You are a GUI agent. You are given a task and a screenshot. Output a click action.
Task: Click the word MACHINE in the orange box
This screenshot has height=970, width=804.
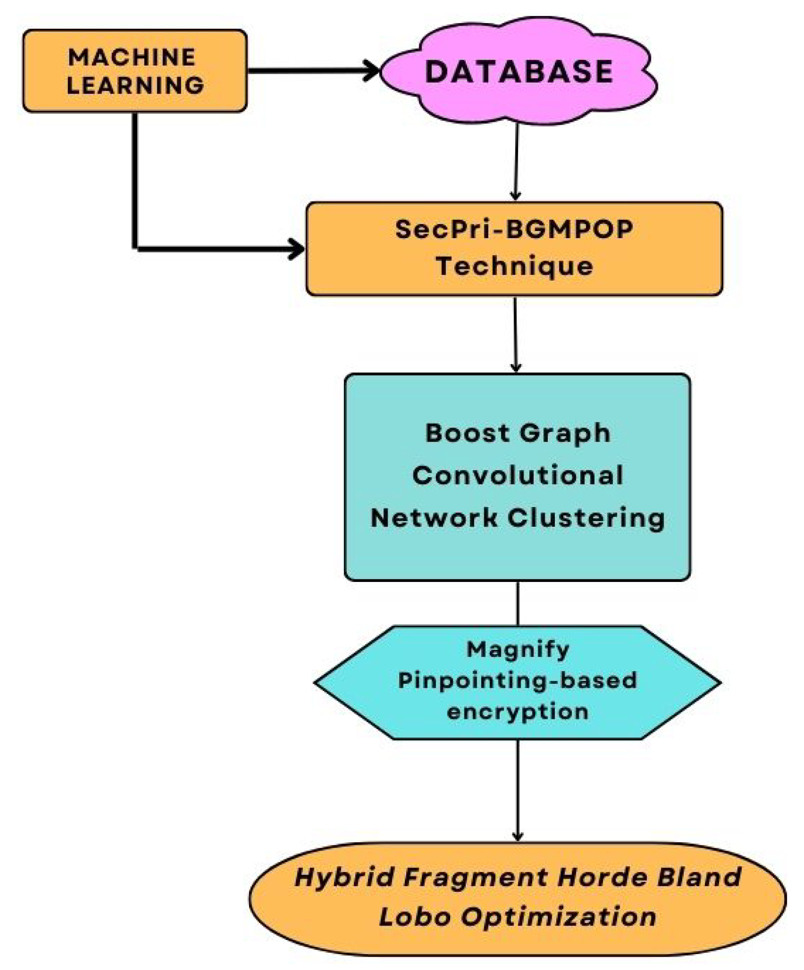pyautogui.click(x=132, y=58)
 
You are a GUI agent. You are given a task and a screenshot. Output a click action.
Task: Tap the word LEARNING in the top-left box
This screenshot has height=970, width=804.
pyautogui.click(x=135, y=86)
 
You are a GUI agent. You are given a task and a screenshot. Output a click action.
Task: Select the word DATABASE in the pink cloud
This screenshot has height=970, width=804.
pyautogui.click(x=519, y=71)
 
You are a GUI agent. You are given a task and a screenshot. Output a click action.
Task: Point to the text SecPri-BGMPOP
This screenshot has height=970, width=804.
pyautogui.click(x=514, y=230)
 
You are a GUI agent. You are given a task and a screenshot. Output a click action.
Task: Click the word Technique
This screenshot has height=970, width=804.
pyautogui.click(x=514, y=267)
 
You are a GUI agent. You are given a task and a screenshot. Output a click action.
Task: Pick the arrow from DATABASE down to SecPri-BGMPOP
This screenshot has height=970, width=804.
pyautogui.click(x=515, y=161)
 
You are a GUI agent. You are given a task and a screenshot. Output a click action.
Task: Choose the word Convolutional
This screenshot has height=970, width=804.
pyautogui.click(x=517, y=475)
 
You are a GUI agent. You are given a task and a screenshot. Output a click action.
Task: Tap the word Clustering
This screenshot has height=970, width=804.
pyautogui.click(x=586, y=518)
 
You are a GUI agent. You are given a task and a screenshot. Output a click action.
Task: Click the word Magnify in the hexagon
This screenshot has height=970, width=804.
pyautogui.click(x=517, y=649)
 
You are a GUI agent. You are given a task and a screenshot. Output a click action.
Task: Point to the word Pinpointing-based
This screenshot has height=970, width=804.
pyautogui.click(x=517, y=680)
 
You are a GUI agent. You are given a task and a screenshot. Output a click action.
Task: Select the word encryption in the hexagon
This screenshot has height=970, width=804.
pyautogui.click(x=517, y=712)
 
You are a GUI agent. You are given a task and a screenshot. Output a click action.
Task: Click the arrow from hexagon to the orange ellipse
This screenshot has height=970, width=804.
pyautogui.click(x=517, y=790)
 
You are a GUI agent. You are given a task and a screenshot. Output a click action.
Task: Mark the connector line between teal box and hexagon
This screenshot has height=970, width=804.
pyautogui.click(x=517, y=603)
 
